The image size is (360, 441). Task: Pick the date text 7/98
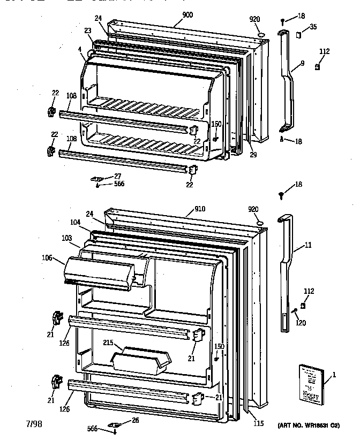[x=34, y=424]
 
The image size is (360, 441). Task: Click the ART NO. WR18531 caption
[x=309, y=425]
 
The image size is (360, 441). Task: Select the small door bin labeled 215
[x=140, y=359]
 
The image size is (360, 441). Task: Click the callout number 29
[x=253, y=155]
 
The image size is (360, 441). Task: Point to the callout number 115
[x=259, y=424]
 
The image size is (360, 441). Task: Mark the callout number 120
[x=300, y=323]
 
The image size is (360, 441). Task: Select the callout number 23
[x=87, y=31]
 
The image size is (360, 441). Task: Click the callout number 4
[x=79, y=49]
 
